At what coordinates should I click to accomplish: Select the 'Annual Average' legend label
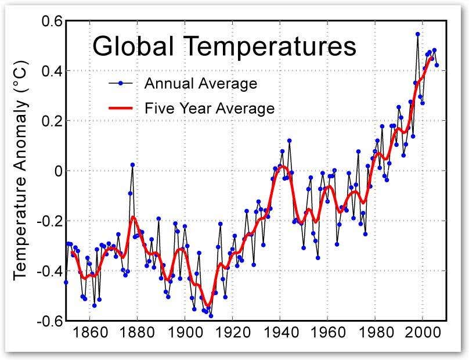pos(200,83)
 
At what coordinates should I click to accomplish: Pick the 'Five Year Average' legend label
pos(209,108)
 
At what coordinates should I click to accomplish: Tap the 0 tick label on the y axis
pos(56,171)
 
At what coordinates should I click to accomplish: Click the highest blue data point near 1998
pos(417,34)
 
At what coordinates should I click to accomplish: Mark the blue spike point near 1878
pos(132,165)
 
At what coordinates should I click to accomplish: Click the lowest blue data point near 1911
pos(211,316)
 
